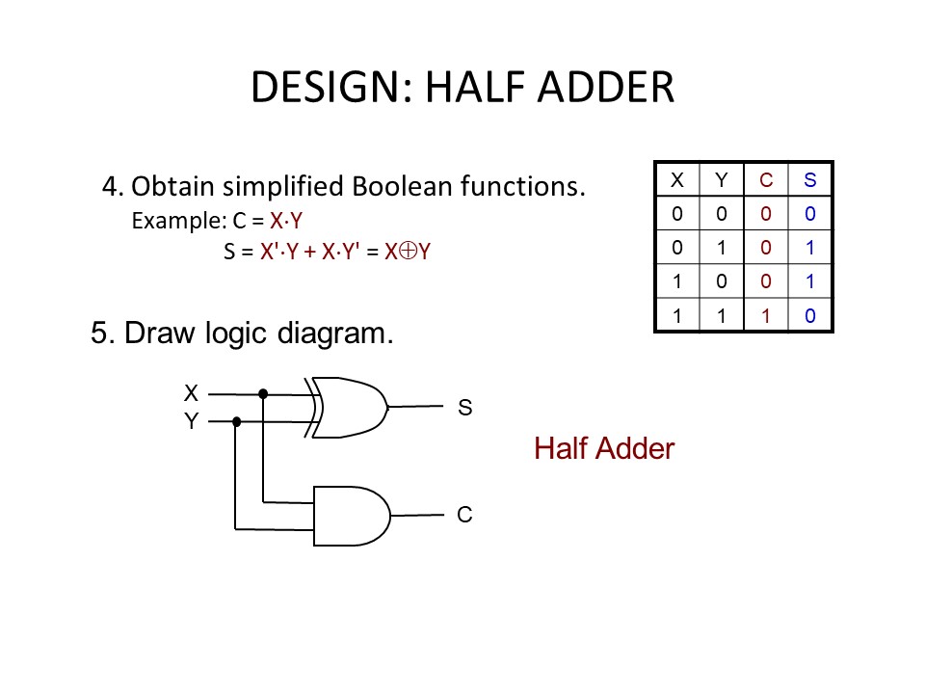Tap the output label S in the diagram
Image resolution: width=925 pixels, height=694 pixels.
point(465,408)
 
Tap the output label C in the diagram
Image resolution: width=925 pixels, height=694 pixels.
point(464,516)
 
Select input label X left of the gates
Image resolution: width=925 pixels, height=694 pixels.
point(191,393)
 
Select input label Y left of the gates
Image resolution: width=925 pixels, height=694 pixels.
point(191,421)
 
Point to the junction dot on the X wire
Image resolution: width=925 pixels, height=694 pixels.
point(263,394)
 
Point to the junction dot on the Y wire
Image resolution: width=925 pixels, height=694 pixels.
point(237,421)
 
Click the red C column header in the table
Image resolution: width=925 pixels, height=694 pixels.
point(766,179)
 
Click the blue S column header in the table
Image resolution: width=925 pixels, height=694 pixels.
point(810,179)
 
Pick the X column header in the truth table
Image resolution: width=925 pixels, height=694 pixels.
point(677,179)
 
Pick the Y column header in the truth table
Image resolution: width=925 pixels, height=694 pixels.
point(722,179)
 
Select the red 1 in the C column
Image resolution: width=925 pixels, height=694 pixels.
point(766,315)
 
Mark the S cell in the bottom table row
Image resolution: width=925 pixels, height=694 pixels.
point(810,315)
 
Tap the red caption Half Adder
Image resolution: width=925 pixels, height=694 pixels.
point(604,448)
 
